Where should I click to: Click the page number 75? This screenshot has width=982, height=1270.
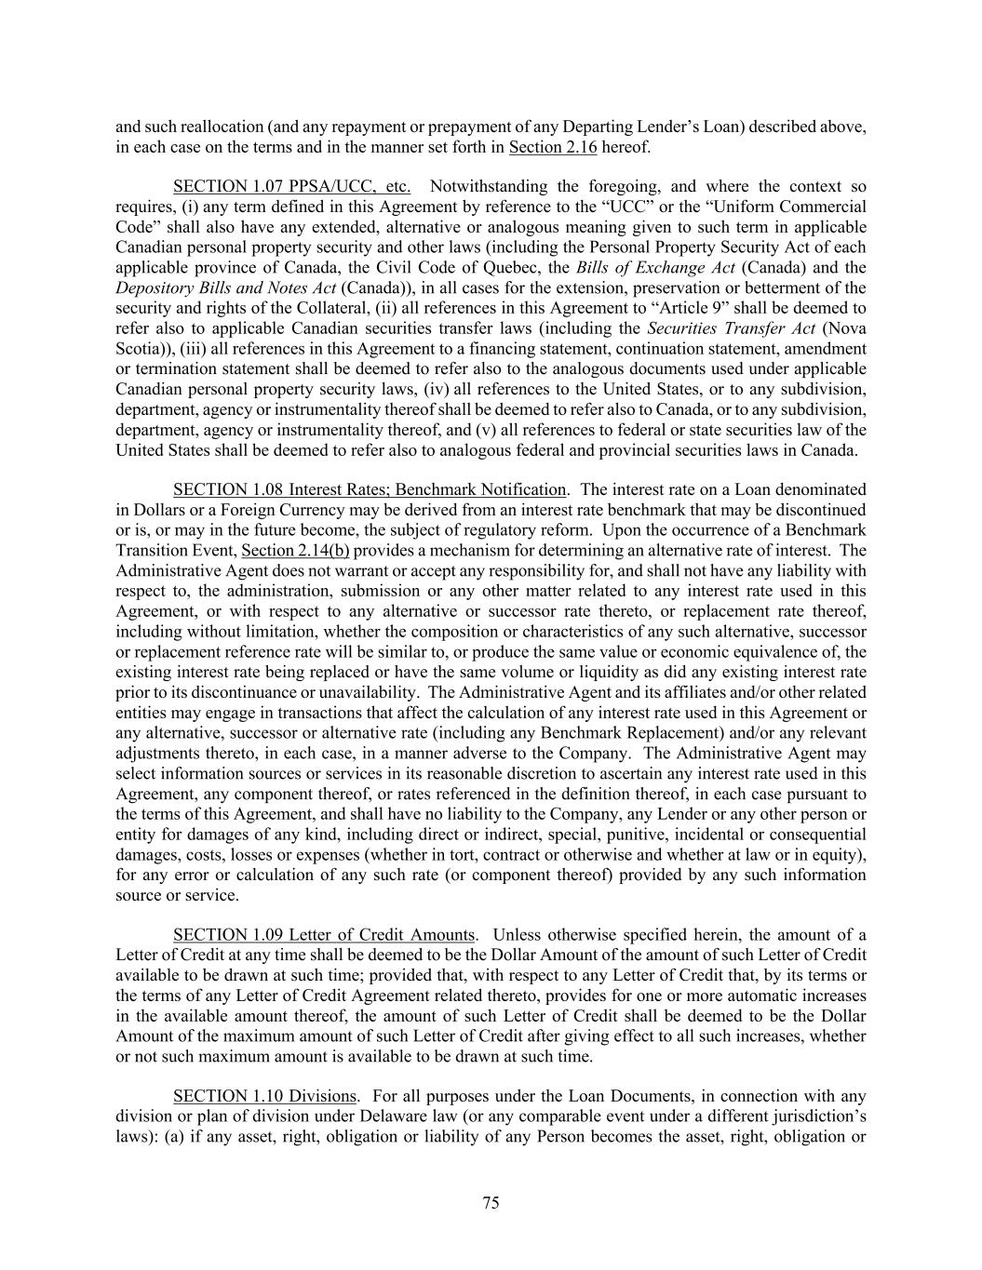point(491,1202)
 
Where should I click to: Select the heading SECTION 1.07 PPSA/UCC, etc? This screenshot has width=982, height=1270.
point(291,187)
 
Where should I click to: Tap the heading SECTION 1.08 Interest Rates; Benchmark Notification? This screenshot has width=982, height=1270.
point(370,489)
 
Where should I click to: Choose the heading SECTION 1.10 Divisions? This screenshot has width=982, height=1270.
point(264,1096)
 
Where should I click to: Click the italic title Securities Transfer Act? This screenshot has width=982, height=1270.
point(732,328)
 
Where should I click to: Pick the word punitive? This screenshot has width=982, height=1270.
point(639,835)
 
